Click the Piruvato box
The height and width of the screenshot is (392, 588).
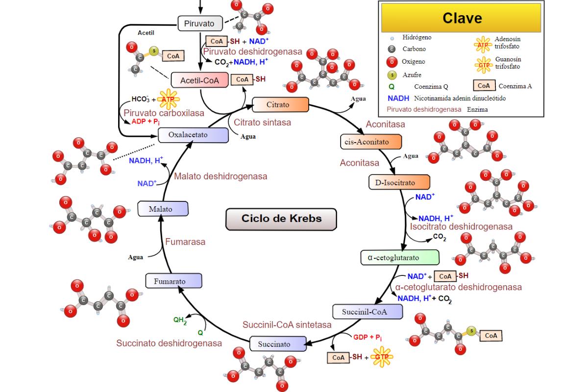pos(199,23)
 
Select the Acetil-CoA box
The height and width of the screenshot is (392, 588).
pos(199,80)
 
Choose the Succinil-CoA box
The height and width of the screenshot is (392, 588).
pos(367,311)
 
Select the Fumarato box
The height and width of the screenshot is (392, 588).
pos(174,281)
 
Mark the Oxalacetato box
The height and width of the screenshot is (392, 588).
pos(194,135)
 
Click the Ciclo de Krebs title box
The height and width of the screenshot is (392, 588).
pos(281,219)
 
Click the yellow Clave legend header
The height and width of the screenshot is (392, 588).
pos(462,18)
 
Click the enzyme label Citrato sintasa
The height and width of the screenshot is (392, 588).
pos(262,122)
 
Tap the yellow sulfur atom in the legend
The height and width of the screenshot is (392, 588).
pos(392,74)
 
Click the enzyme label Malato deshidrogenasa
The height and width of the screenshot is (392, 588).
pos(220,176)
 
